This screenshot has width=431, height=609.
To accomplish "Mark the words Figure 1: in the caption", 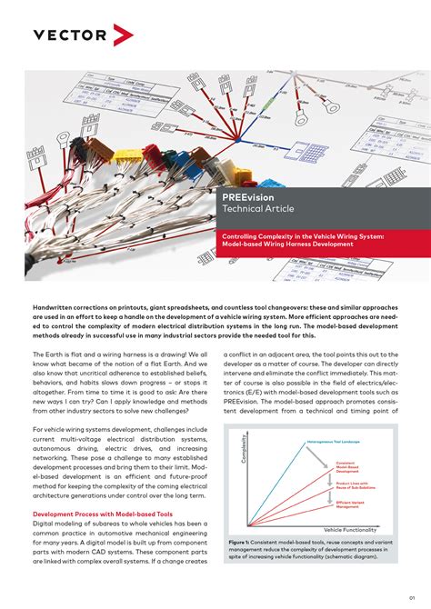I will click(x=241, y=540).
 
